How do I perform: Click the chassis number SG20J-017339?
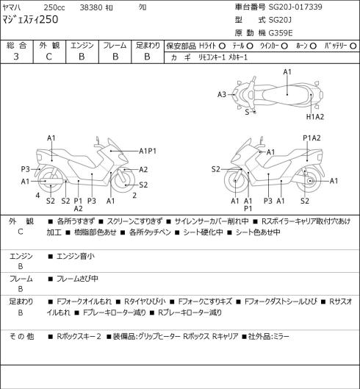tap(295, 7)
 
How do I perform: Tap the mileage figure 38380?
tap(91, 7)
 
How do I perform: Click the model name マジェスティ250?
tap(30, 20)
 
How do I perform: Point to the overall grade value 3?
tap(16, 57)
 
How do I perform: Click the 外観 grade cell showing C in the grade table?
tap(48, 57)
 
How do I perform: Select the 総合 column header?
tap(16, 46)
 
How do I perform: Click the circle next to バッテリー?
tap(353, 46)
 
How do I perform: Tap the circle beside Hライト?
tap(222, 46)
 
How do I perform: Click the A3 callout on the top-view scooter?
tap(222, 95)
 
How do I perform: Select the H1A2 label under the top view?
tap(315, 117)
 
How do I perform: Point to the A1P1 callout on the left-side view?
tap(148, 151)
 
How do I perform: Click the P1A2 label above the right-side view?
tap(312, 138)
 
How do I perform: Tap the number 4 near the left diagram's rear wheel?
tap(37, 196)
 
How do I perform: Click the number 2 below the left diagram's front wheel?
tap(134, 196)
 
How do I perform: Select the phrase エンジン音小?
tap(76, 256)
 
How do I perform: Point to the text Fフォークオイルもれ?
tap(84, 301)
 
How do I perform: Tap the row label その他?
tap(21, 336)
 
